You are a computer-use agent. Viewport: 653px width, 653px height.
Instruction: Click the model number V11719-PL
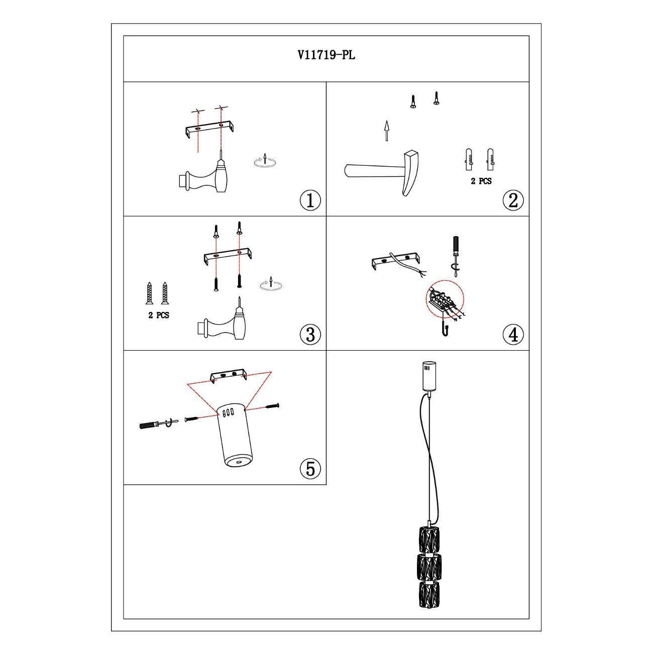[x=326, y=55]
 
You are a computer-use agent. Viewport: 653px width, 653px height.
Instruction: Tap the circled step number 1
[x=310, y=200]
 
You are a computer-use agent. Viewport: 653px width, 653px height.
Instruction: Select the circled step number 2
[x=513, y=200]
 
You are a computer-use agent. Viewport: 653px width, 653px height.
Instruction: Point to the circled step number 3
[x=310, y=334]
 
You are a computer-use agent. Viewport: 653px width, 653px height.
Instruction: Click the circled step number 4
[x=513, y=335]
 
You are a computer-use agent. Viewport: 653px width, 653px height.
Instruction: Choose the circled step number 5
[x=310, y=469]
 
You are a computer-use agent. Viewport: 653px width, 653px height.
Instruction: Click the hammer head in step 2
[x=412, y=173]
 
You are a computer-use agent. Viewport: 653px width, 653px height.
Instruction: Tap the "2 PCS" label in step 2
[x=481, y=181]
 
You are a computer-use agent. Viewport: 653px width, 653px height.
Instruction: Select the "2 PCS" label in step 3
[x=159, y=315]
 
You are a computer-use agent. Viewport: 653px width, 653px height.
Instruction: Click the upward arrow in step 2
[x=386, y=130]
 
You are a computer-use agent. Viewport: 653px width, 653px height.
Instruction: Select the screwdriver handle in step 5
[x=149, y=425]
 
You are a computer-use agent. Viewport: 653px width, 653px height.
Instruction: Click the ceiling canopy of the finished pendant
[x=429, y=375]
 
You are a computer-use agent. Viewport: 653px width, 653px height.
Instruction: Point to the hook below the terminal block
[x=444, y=329]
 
